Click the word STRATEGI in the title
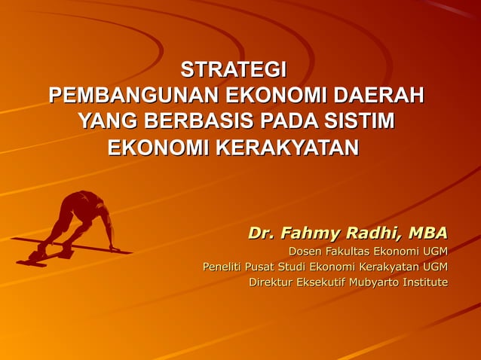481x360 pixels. coord(234,72)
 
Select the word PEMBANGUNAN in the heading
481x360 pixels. coord(127,96)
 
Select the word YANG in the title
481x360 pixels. coord(107,121)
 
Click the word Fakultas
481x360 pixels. coord(353,251)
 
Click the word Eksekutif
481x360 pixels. coord(319,282)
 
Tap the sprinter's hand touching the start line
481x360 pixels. coord(113,247)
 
